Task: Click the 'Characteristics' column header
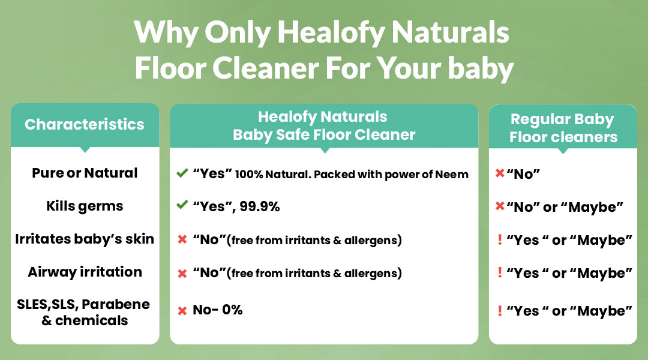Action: point(85,124)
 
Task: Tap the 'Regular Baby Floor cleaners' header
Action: point(563,128)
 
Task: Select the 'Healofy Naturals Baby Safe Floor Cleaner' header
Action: point(323,125)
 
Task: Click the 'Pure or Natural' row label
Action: point(85,173)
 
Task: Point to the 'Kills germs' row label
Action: point(85,206)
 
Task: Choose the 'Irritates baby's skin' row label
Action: point(85,239)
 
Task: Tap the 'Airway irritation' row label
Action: point(85,272)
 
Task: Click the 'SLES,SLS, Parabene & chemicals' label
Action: point(83,312)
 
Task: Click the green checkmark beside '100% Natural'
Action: point(182,173)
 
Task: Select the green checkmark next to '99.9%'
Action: point(182,205)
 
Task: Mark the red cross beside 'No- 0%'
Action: point(182,311)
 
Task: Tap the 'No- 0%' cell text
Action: point(217,310)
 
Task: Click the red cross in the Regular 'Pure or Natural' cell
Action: point(500,173)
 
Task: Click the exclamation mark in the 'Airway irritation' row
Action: point(500,272)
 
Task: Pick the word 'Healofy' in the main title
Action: point(331,32)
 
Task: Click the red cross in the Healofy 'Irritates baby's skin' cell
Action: point(182,240)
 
